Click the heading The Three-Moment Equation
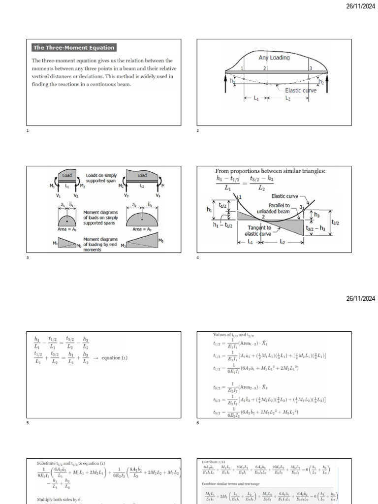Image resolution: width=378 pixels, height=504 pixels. pyautogui.click(x=74, y=48)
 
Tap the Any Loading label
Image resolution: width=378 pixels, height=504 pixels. pyautogui.click(x=274, y=58)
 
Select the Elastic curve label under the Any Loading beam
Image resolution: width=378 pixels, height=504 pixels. pyautogui.click(x=301, y=91)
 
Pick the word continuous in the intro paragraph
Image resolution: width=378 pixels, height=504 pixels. pyautogui.click(x=108, y=85)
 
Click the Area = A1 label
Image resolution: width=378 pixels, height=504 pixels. pyautogui.click(x=67, y=229)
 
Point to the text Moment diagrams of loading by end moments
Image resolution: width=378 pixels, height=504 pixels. pyautogui.click(x=100, y=244)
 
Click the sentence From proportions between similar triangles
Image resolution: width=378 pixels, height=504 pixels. pyautogui.click(x=271, y=171)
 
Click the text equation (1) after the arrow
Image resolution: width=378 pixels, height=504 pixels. pyautogui.click(x=114, y=358)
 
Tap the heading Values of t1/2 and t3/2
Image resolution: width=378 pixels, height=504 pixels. pyautogui.click(x=233, y=334)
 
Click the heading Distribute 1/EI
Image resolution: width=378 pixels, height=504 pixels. pyautogui.click(x=212, y=462)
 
